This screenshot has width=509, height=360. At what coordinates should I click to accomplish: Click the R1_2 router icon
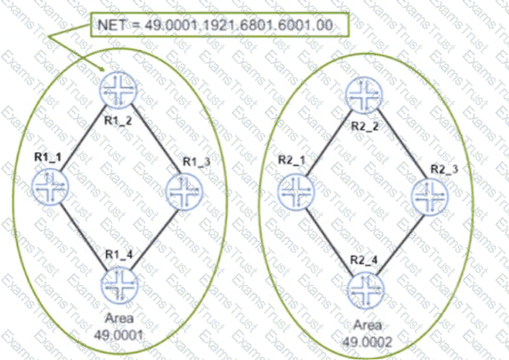(118, 90)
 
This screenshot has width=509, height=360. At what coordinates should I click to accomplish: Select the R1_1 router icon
(51, 187)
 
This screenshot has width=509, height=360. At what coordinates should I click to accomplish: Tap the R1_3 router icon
(184, 192)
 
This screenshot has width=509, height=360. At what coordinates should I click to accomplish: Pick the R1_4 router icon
(120, 285)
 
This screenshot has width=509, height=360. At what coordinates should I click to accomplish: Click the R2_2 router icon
(364, 95)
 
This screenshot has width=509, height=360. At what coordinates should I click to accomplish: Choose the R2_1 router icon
(297, 192)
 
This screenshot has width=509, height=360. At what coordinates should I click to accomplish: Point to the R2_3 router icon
(430, 197)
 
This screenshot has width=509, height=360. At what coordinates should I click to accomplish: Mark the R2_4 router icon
(365, 290)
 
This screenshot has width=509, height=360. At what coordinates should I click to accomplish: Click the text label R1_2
(118, 121)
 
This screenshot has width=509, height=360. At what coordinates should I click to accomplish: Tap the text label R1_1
(48, 157)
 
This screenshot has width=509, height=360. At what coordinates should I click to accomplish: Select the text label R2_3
(444, 169)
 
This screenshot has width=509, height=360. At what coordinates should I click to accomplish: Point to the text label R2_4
(364, 260)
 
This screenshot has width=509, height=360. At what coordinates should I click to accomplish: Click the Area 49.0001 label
(119, 326)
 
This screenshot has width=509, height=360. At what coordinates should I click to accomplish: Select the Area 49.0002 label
(368, 334)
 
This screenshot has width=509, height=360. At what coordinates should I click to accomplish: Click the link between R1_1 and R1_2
(83, 138)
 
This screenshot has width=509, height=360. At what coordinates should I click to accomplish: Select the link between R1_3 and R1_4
(155, 240)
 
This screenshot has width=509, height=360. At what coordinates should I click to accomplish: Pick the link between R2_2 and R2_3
(402, 144)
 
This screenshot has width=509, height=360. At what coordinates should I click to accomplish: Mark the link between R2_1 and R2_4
(329, 242)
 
